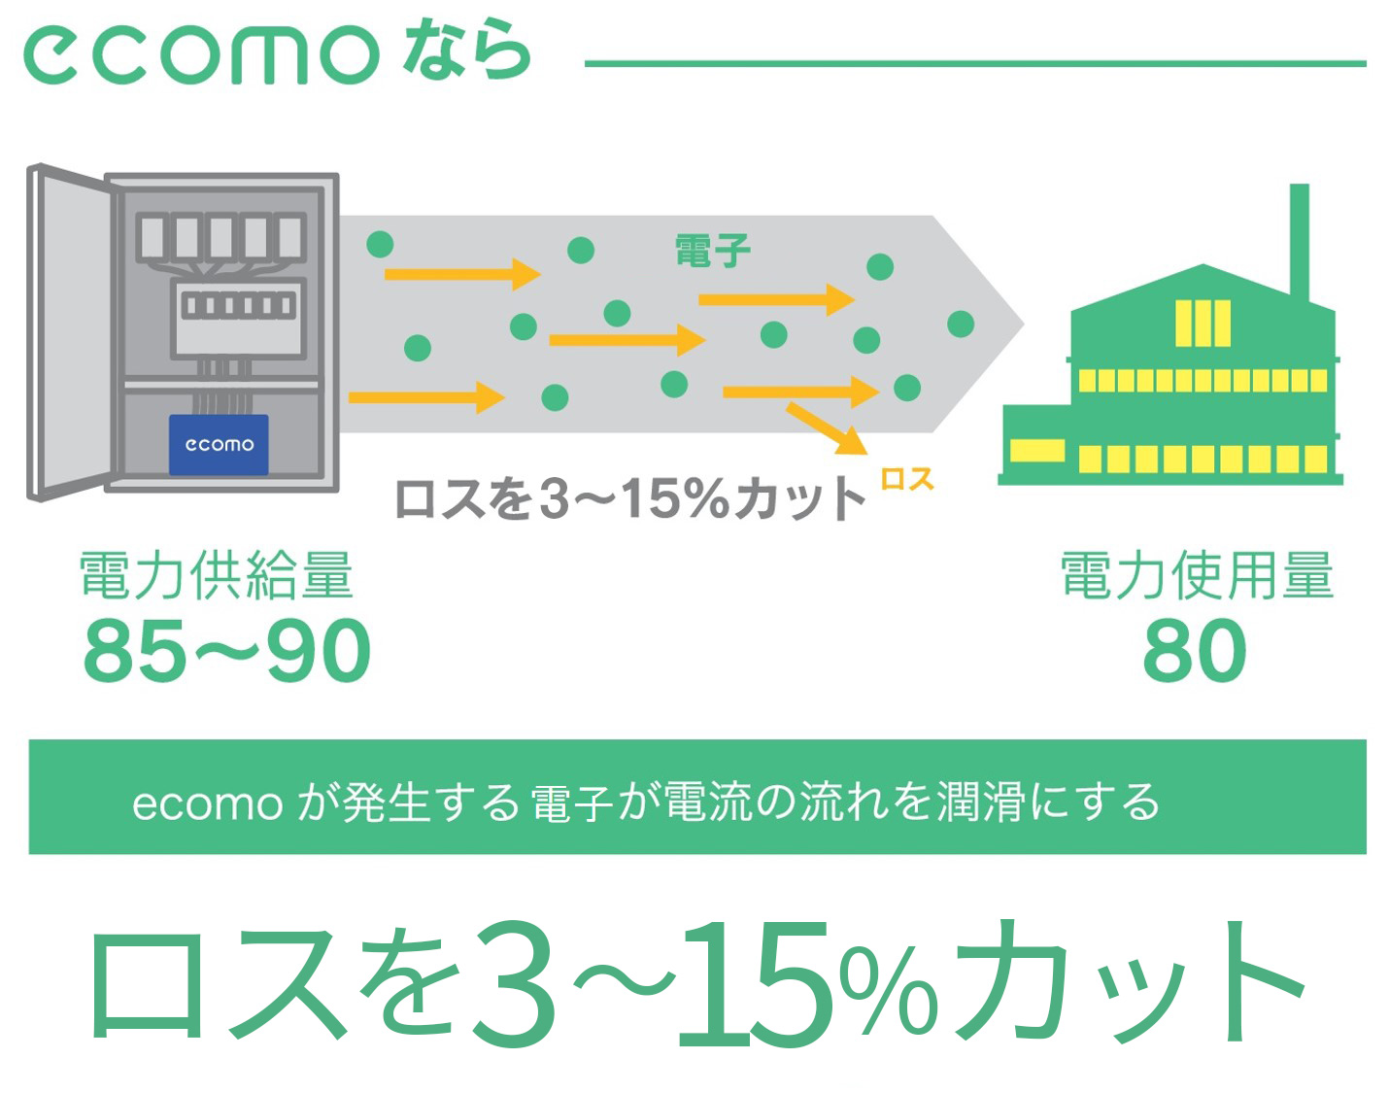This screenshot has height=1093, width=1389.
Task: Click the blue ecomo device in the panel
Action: pyautogui.click(x=219, y=445)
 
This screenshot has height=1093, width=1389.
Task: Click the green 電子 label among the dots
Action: pyautogui.click(x=713, y=251)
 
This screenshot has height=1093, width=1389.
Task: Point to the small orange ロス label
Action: pyautogui.click(x=907, y=479)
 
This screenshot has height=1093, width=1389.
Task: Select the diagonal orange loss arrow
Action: pyautogui.click(x=827, y=429)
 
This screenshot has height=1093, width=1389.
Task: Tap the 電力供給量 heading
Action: pyautogui.click(x=217, y=574)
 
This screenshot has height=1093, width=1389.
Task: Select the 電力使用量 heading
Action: pyautogui.click(x=1198, y=574)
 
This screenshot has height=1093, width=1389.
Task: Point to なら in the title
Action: pyautogui.click(x=466, y=51)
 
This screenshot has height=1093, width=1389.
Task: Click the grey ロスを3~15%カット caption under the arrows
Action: pyautogui.click(x=629, y=498)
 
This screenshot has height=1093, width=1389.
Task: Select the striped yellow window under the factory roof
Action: pyautogui.click(x=1203, y=324)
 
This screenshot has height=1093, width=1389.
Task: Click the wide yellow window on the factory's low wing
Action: pyautogui.click(x=1037, y=450)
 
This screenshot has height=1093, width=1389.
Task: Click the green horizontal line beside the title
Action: pyautogui.click(x=975, y=64)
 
